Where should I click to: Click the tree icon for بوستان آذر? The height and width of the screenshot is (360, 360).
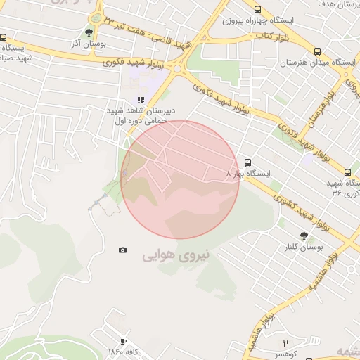[89, 32]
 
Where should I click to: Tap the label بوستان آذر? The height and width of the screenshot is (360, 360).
[88, 44]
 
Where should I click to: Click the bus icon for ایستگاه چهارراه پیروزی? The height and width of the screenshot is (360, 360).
[258, 10]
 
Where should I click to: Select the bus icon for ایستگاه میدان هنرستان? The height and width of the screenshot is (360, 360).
[318, 51]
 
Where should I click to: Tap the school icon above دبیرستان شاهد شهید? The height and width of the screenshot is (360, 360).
[141, 100]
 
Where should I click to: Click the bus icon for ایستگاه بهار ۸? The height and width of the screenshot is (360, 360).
[246, 161]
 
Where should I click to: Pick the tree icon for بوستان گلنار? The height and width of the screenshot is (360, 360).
[304, 236]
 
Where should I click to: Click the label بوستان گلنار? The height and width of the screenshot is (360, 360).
[304, 248]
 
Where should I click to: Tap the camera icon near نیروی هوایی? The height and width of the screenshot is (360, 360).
[123, 250]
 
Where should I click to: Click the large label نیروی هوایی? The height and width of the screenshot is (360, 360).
[176, 255]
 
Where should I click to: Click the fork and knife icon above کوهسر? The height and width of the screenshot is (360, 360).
[285, 343]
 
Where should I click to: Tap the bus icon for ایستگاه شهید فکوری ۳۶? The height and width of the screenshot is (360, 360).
[348, 172]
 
